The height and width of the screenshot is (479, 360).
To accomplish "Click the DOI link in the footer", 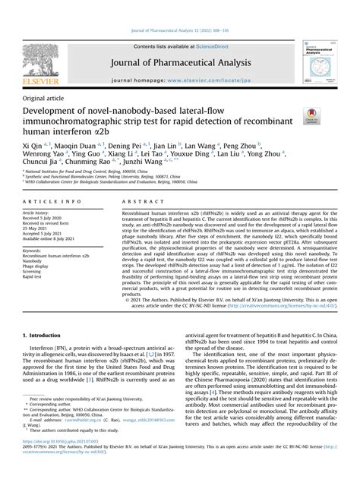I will pos(58,460).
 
